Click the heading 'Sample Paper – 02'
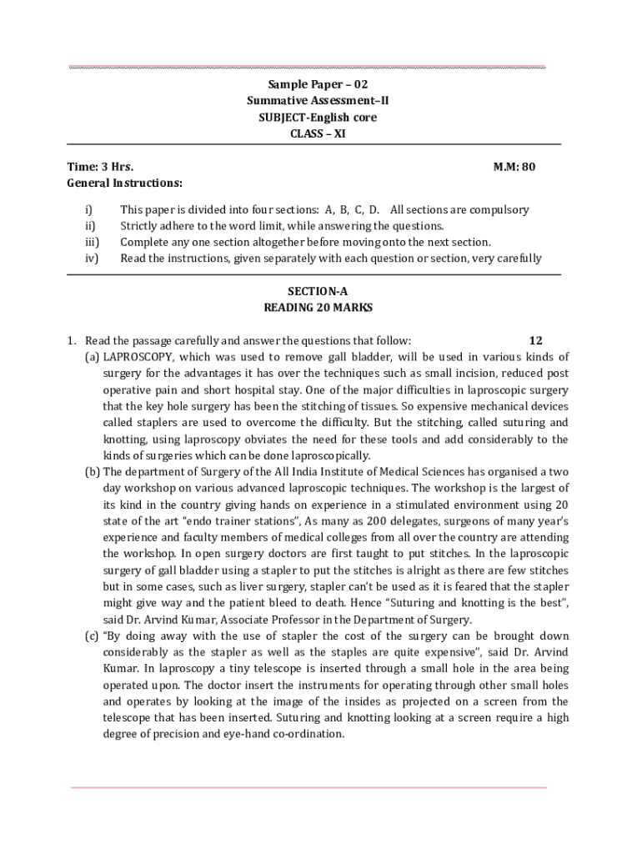(317, 84)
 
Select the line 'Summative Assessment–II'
(317, 101)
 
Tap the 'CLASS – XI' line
(317, 133)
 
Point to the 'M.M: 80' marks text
(514, 167)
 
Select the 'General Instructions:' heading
(125, 183)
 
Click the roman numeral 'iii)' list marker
(93, 242)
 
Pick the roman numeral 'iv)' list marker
(93, 258)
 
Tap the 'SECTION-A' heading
(318, 291)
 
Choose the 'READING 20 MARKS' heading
(318, 307)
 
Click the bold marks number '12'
(536, 340)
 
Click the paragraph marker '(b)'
(93, 471)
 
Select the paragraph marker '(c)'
(92, 635)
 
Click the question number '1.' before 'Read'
(73, 340)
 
